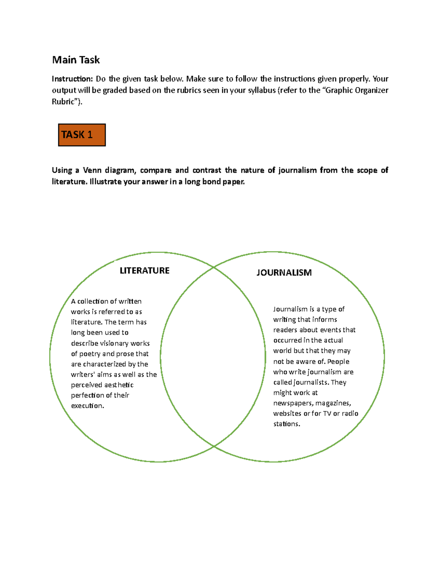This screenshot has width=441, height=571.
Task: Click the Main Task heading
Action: [76, 60]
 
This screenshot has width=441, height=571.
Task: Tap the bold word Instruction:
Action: [72, 79]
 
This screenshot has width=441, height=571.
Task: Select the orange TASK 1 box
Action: [82, 135]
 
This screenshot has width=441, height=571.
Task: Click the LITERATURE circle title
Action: [144, 271]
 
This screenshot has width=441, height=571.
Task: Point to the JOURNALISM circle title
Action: [284, 272]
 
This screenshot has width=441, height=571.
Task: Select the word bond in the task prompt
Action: [211, 182]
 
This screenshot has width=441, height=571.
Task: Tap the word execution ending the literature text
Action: [87, 406]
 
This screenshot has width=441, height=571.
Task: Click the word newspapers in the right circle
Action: [293, 403]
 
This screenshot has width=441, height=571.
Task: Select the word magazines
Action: [333, 403]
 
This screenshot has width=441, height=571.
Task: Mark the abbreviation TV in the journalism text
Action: [327, 414]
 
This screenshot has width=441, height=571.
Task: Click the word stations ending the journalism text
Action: [287, 424]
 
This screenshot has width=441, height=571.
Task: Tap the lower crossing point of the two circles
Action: [214, 446]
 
